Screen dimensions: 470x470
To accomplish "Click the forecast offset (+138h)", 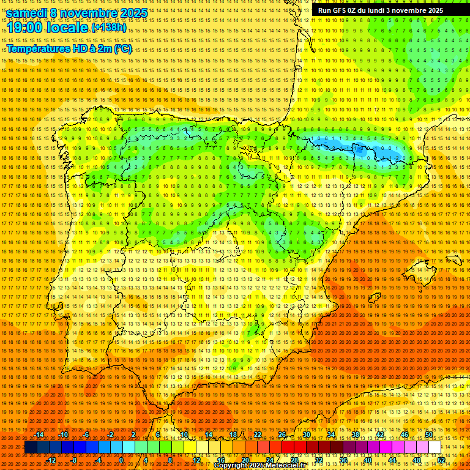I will click(108, 28).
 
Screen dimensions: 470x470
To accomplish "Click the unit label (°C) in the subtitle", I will click(122, 49).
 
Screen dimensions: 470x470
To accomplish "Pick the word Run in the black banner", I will click(324, 10).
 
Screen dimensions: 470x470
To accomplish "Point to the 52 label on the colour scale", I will click(441, 460).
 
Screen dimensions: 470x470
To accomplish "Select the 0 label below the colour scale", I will click(121, 460).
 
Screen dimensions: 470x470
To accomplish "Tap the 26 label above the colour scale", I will click(282, 435).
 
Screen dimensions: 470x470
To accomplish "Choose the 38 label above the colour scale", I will click(356, 435).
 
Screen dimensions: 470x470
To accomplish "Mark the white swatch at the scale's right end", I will click(435, 447).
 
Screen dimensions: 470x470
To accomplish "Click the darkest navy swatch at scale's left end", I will click(31, 447).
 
